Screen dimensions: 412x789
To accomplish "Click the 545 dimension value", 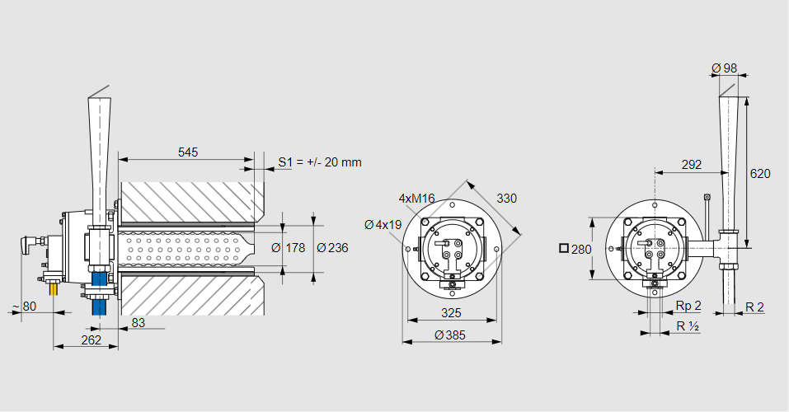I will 188,152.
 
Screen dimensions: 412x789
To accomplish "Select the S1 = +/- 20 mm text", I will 320,162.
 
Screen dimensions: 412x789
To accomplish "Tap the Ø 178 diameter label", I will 289,248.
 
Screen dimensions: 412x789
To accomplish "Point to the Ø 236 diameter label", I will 332,248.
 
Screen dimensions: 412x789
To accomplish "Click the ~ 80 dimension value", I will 24,307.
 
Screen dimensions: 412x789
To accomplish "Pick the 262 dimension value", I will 92,339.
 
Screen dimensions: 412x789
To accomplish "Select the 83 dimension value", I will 138,323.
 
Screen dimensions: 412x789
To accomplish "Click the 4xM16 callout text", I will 416,199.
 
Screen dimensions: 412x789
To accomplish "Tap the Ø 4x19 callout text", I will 383,224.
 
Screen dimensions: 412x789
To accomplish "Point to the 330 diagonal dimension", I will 506,198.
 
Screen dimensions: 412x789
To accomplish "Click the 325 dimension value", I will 450,313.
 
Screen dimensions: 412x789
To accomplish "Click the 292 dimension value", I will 693,165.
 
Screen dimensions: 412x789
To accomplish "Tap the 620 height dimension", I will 760,174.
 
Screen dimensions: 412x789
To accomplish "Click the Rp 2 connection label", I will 688,307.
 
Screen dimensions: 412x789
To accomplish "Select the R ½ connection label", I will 688,326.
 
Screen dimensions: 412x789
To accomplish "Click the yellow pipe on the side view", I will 54,289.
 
